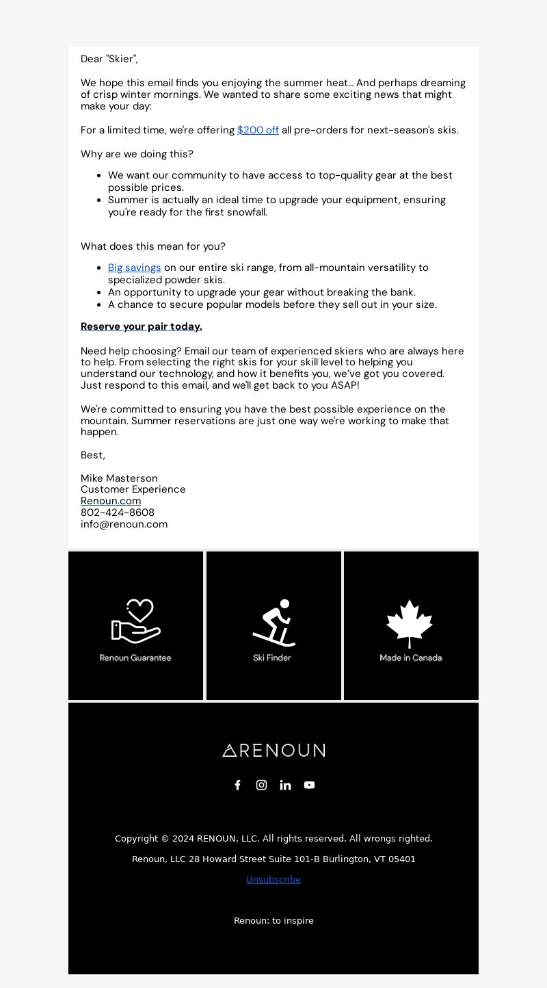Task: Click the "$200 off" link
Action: tap(258, 130)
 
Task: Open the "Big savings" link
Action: tap(135, 268)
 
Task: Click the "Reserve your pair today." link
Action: tap(142, 326)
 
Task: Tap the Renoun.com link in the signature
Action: tap(111, 501)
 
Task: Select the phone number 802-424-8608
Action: tap(118, 512)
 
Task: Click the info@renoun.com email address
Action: tap(124, 524)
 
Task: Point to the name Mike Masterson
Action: tap(119, 478)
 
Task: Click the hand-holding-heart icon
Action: tap(136, 621)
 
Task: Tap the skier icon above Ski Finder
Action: tap(273, 623)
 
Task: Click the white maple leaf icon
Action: tap(410, 623)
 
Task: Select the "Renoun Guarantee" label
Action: tap(135, 658)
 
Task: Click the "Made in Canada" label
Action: tap(411, 658)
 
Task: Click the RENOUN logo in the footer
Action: tap(273, 751)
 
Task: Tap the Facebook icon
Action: tap(238, 785)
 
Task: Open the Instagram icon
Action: tap(261, 785)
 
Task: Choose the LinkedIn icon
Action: tap(285, 785)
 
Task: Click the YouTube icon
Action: tap(309, 785)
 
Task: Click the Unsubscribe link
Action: tap(273, 880)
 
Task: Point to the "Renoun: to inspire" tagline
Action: tap(273, 921)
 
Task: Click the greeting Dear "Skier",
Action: tap(109, 60)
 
